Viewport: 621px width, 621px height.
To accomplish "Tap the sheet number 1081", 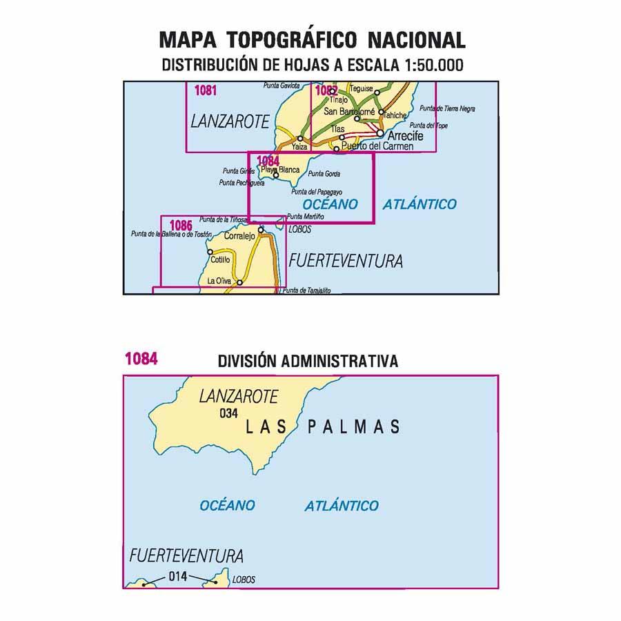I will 206,90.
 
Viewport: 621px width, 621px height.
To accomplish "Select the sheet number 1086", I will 180,225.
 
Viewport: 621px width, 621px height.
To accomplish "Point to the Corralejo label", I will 240,235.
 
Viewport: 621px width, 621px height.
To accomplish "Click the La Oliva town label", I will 219,282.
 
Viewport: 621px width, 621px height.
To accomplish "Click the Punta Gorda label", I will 324,174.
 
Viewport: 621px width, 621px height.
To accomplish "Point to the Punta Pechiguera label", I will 241,183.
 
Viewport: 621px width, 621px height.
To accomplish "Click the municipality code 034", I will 228,414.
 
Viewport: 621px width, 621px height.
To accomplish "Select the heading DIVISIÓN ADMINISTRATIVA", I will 308,361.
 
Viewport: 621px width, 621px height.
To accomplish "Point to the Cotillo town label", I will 221,259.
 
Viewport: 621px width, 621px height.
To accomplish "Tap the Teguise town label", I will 362,89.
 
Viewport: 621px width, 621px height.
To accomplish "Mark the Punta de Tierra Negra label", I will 447,109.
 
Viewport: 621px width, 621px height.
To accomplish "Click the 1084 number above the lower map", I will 141,359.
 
